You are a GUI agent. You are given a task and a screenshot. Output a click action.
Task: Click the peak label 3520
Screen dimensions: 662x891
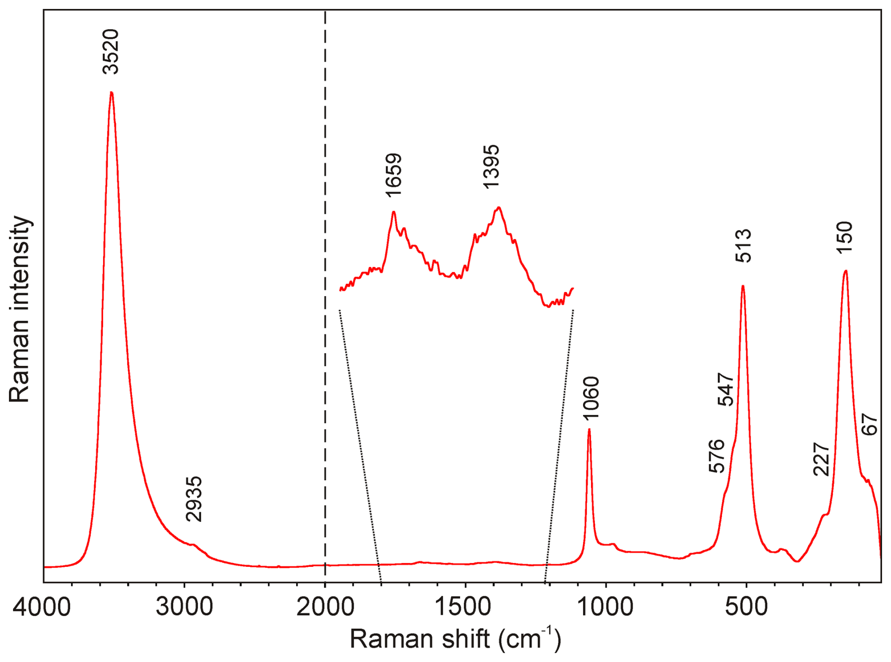(111, 52)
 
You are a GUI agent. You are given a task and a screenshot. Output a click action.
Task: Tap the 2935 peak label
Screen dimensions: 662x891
(194, 499)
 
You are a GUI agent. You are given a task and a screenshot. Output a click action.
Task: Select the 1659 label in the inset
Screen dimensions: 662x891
(393, 175)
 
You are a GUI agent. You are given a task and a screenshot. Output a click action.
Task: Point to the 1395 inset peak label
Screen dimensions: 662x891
(491, 167)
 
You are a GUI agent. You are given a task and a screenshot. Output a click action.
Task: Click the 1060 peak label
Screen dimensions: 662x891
(591, 398)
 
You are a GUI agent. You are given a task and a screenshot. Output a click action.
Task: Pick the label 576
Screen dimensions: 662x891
(717, 456)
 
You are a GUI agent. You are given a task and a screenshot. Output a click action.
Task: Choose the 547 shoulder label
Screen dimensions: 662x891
(726, 389)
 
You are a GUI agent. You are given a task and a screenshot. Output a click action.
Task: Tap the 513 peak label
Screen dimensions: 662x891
(744, 245)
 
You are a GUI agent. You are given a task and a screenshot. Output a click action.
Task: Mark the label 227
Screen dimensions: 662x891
(821, 460)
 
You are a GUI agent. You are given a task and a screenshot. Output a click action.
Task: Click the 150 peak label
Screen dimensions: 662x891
(845, 237)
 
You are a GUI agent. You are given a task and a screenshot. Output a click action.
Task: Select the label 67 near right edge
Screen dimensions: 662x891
(870, 424)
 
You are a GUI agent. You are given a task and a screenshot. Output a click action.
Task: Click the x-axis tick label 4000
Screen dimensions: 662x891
(42, 607)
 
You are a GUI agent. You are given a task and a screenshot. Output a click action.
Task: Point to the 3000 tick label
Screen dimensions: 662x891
(184, 607)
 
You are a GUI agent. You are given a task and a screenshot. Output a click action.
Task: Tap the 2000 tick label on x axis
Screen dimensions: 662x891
(325, 607)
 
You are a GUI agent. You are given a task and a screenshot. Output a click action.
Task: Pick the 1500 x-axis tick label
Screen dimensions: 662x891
(465, 607)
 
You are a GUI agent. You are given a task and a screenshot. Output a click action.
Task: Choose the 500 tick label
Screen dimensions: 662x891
(746, 607)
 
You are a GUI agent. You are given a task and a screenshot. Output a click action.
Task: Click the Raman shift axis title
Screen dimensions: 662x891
(455, 639)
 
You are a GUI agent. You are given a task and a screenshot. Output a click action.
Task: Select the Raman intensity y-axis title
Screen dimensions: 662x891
(20, 309)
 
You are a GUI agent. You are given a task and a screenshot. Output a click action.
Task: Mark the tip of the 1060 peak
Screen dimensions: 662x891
(589, 429)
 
